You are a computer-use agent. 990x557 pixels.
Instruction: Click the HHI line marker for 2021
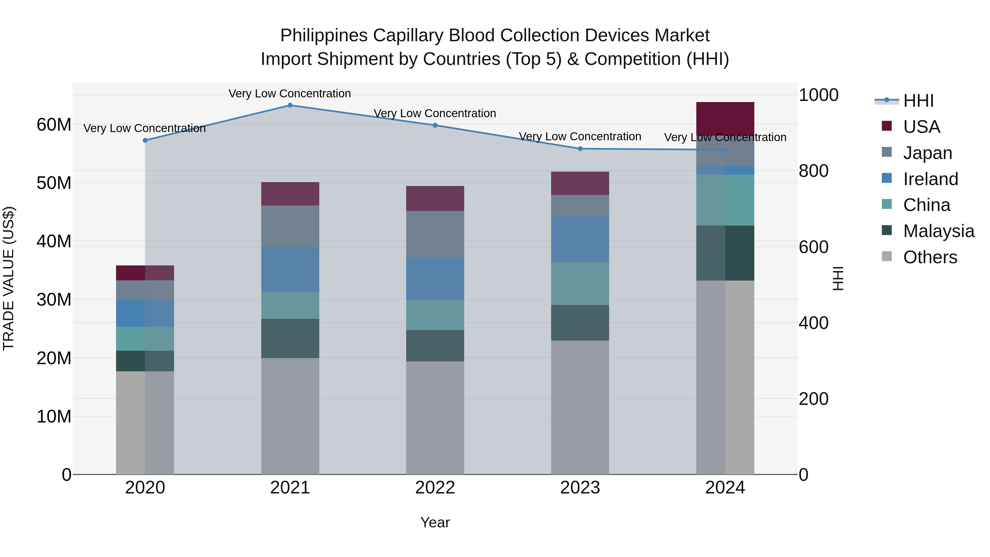(x=290, y=105)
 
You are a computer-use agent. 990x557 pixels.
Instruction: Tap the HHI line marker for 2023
(x=580, y=149)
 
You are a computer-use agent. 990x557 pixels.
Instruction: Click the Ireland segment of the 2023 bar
(x=580, y=239)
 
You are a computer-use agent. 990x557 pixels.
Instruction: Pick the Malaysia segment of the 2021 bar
(x=290, y=338)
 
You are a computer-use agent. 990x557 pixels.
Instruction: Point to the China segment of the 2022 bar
(x=435, y=315)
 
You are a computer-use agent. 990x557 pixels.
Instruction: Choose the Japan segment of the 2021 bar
(x=290, y=226)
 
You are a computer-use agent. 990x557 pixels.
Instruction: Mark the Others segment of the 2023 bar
(x=580, y=407)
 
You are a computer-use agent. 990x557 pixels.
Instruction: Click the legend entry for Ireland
(x=930, y=179)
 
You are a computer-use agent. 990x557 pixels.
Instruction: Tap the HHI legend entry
(x=918, y=101)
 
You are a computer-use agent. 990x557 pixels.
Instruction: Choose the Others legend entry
(x=930, y=257)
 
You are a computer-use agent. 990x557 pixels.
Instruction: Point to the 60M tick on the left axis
(x=54, y=125)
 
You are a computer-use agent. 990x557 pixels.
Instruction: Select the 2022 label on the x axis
(x=435, y=488)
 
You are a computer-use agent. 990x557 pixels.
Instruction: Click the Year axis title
(x=435, y=522)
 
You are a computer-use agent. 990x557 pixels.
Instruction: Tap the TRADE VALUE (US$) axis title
(x=9, y=278)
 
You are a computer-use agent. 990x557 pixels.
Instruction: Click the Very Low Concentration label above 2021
(x=290, y=94)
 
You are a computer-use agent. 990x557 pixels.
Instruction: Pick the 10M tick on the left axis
(x=54, y=417)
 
